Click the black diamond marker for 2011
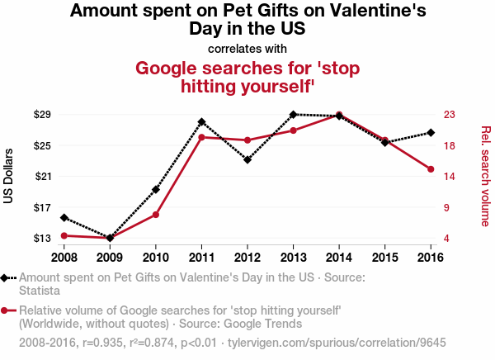(201, 122)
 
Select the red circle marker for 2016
(431, 169)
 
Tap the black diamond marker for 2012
(247, 159)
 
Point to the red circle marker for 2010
(156, 215)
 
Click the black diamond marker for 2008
(64, 217)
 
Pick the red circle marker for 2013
(294, 130)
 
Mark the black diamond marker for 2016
(431, 133)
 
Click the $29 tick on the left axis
(43, 114)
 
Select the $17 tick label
(43, 207)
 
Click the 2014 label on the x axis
(339, 256)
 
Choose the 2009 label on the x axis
(110, 256)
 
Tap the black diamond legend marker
(6, 278)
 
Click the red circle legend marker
(6, 310)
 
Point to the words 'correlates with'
(247, 48)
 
